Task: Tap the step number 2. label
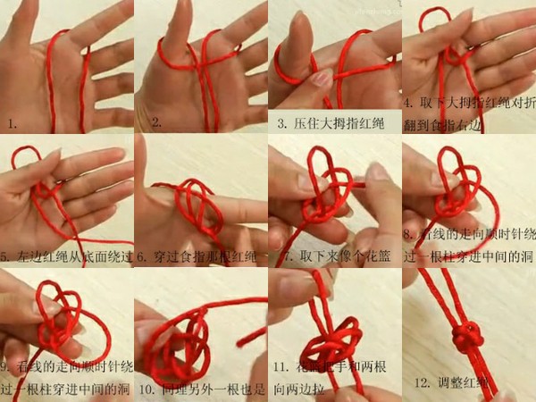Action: point(155,121)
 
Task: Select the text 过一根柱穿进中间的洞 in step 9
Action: point(66,389)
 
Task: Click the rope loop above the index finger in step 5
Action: point(27,161)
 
